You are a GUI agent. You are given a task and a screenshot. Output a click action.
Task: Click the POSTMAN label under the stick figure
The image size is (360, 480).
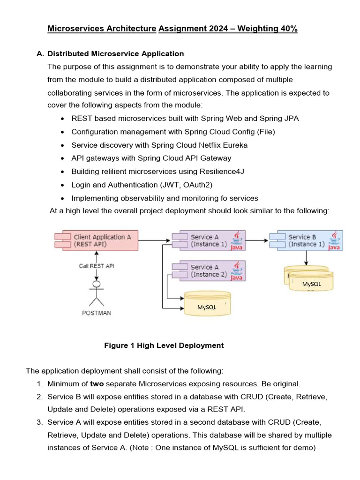coord(96,313)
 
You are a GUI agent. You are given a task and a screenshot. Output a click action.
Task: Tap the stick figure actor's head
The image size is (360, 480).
coord(97,284)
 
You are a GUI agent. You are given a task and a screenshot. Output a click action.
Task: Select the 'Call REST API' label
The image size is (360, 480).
coord(96,266)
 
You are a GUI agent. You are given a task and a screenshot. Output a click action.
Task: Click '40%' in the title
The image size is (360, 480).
coord(287,29)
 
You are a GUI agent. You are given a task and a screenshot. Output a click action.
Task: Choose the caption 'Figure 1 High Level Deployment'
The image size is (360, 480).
coord(164,345)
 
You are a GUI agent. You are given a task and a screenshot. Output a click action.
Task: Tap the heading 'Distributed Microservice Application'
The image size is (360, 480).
coord(116,54)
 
